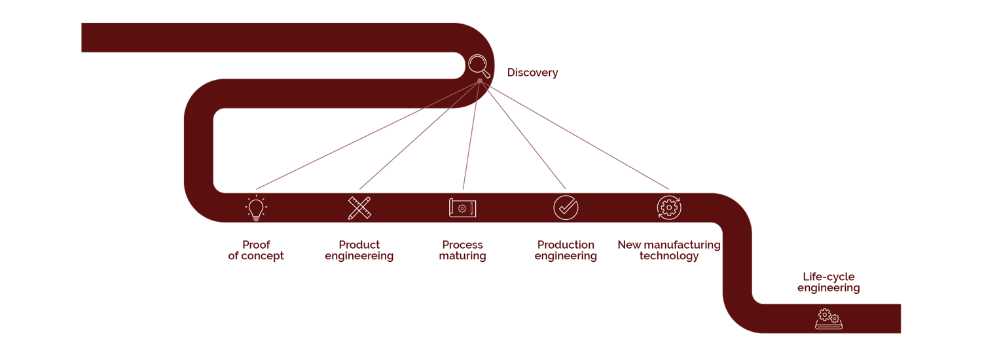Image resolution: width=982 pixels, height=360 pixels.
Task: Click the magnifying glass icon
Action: (479, 65)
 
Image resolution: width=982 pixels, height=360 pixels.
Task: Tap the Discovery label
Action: (532, 73)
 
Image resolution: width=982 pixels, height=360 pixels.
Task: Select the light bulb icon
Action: (256, 208)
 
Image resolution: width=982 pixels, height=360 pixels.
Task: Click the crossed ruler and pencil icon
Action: (359, 208)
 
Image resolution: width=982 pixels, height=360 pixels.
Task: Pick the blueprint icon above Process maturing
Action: (462, 208)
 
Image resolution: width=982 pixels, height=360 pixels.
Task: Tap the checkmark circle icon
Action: (566, 208)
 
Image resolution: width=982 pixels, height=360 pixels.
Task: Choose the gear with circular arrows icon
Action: (669, 207)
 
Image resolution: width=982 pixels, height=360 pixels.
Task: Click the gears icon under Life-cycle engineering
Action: (829, 319)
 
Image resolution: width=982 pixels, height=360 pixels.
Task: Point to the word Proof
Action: (256, 245)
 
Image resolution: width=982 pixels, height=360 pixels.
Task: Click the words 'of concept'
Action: (256, 256)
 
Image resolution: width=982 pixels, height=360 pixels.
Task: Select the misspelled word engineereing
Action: (359, 256)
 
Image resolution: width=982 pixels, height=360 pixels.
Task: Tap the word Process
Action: (462, 245)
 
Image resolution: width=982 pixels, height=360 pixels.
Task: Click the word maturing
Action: (462, 256)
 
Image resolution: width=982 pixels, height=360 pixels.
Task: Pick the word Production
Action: (566, 245)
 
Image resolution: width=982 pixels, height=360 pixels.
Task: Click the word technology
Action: (669, 256)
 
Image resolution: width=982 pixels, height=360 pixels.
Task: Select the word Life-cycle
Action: (829, 277)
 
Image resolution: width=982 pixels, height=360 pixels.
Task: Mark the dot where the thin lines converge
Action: (480, 81)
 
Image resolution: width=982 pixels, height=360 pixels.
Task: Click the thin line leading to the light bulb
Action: (368, 135)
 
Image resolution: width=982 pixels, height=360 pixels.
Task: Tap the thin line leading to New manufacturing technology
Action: (574, 135)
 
